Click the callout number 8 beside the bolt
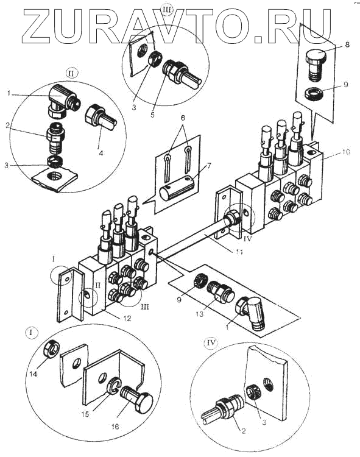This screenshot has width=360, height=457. (347, 44)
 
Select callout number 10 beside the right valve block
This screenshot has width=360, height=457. (347, 152)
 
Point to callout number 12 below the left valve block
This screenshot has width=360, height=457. (126, 318)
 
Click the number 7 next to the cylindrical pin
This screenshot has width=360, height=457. (208, 166)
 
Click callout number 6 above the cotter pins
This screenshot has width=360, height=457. (183, 118)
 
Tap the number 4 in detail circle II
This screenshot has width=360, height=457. (101, 153)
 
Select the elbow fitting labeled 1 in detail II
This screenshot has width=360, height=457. (63, 100)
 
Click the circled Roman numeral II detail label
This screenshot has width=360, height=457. (72, 73)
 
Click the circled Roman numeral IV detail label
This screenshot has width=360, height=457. (211, 343)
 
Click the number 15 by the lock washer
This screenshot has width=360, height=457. (86, 414)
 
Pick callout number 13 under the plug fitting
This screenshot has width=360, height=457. (200, 314)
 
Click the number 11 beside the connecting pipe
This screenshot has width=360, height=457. (239, 252)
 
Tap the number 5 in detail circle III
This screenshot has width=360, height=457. (153, 115)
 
